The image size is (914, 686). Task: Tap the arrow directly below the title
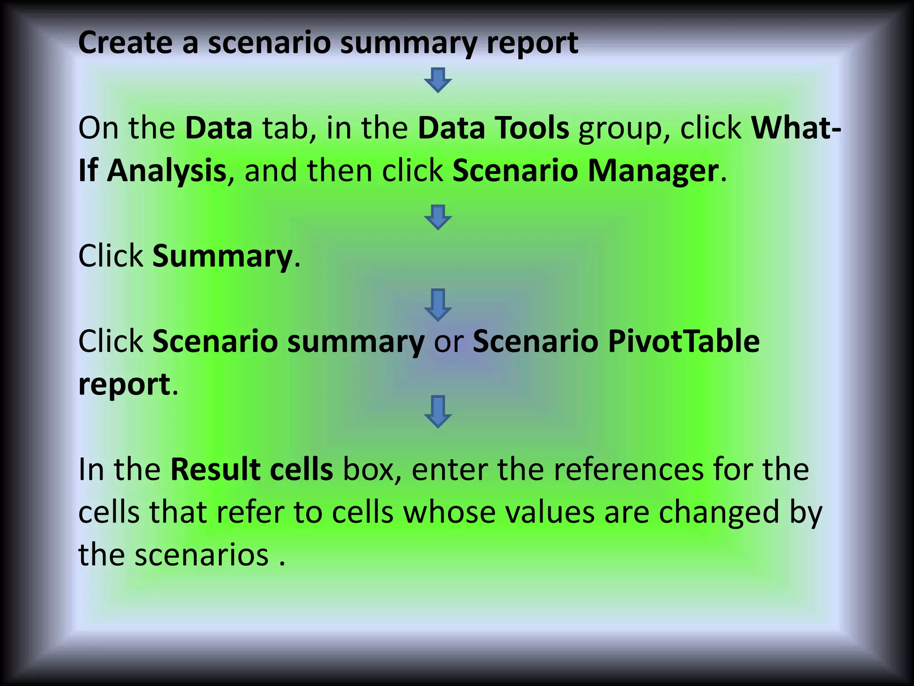point(438,80)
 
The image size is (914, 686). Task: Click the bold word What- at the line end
point(796,128)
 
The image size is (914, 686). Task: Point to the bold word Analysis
point(166,171)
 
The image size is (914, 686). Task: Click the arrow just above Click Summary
point(438,218)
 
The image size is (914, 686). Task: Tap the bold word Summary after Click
point(222,257)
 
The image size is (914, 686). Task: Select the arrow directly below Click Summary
point(438,305)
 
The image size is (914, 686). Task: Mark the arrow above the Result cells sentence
point(438,412)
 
